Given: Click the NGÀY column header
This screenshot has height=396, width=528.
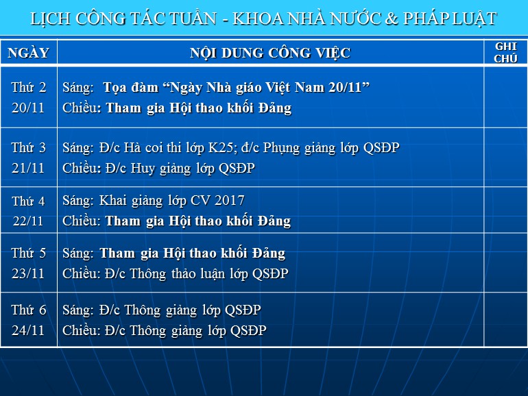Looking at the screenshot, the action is (29, 53).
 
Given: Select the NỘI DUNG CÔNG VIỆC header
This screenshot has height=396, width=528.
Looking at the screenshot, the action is (270, 53).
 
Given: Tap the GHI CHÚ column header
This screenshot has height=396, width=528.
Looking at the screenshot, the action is (505, 53).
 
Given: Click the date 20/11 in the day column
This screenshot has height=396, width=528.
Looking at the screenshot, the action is (28, 108).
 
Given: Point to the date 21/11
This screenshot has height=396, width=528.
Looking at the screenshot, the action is (28, 168).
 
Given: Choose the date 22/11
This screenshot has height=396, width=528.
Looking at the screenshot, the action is (28, 221).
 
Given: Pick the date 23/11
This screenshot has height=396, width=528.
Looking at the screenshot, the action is (28, 273).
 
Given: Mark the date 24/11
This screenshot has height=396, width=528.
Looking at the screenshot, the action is (28, 330).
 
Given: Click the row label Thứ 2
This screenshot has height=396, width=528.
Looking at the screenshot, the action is (29, 87).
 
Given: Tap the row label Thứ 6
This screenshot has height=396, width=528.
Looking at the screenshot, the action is (29, 310).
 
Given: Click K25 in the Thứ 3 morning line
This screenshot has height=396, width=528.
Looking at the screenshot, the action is (219, 148).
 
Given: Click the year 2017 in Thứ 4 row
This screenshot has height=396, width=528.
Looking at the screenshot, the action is (230, 201).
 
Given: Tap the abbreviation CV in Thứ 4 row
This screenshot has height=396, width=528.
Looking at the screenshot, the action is (200, 201).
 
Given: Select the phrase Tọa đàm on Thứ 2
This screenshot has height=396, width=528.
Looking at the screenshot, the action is (131, 88).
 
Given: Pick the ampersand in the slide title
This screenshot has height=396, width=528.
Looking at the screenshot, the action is (392, 19).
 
